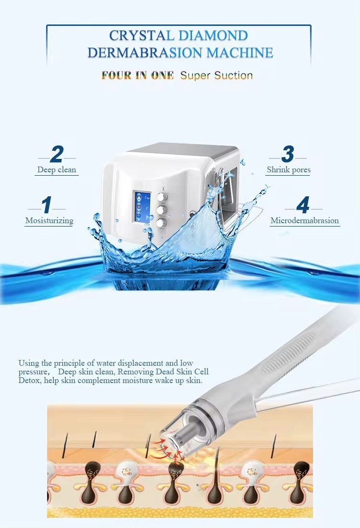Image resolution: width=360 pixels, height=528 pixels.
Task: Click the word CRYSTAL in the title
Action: click(141, 36)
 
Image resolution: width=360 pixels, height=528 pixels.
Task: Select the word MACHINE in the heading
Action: click(240, 52)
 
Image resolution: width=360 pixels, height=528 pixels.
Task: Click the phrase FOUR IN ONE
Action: click(138, 75)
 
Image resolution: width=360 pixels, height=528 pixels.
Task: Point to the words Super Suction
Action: click(216, 75)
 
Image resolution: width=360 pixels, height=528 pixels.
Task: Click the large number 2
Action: click(57, 154)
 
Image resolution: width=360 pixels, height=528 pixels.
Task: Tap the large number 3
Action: click(288, 154)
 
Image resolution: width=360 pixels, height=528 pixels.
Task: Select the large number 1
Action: click(47, 205)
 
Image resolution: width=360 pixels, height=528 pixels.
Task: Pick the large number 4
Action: click(303, 205)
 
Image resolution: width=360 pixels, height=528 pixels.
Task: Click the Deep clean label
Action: click(57, 169)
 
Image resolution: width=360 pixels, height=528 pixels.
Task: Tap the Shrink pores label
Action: click(288, 169)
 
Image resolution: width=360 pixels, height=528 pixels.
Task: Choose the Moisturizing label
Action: click(49, 221)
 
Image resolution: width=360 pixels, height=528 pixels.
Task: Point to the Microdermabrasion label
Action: click(305, 221)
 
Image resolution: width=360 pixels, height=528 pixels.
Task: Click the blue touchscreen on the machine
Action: click(144, 207)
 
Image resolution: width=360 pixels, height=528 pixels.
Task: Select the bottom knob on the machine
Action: click(161, 223)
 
